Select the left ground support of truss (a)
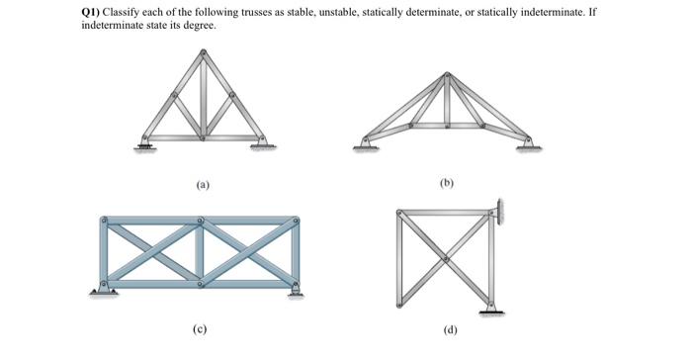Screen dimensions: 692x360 tap(146, 145)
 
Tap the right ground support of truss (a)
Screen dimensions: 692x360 tap(262, 144)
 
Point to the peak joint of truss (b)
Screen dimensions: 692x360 tap(447, 74)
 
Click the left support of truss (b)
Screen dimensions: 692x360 tap(365, 144)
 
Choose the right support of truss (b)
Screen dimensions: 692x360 tap(529, 144)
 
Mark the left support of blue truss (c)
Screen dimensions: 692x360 tap(101, 290)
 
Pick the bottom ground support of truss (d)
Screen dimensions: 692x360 tap(490, 312)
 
